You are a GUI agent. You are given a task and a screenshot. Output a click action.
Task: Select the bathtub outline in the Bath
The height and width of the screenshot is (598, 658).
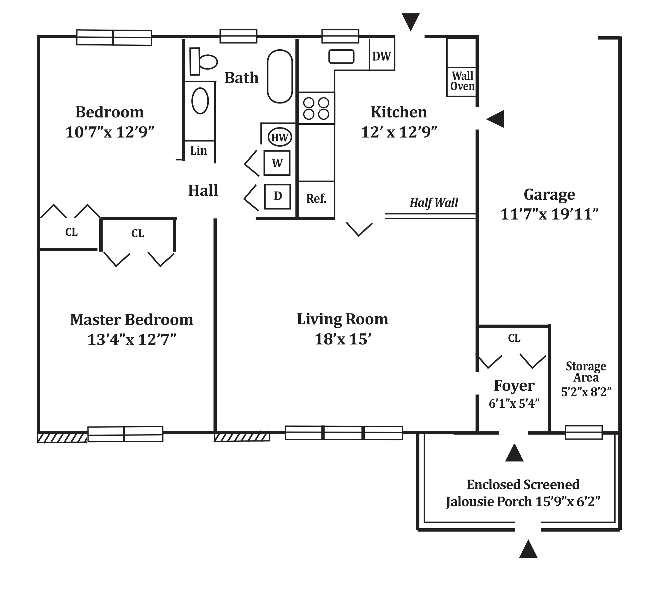280,76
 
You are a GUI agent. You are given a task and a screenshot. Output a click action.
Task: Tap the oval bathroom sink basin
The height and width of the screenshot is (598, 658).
200,101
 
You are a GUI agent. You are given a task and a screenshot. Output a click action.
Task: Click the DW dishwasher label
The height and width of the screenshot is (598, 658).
381,56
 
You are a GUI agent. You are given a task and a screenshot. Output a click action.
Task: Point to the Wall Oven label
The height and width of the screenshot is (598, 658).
462,81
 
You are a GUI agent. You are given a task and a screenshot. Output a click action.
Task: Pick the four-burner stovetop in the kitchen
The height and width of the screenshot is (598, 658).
316,108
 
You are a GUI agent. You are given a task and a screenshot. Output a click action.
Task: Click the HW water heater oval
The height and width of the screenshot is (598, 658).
280,137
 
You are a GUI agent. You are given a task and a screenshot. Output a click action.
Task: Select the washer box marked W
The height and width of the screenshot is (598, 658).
277,163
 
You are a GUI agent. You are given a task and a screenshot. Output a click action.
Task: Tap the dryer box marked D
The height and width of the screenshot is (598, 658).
277,196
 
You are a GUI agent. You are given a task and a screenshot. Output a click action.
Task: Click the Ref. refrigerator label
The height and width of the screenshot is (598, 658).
316,198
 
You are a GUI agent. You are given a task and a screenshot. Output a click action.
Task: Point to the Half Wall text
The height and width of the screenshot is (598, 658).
434,202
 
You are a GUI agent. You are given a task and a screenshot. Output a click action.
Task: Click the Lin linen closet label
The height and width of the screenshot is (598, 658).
198,151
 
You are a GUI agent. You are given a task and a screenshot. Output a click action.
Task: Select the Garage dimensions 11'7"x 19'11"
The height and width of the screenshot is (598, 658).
549,214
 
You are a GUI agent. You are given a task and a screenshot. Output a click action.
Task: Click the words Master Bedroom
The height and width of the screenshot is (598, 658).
131,320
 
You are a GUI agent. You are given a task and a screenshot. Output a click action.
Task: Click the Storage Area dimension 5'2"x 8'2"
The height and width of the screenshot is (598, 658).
586,392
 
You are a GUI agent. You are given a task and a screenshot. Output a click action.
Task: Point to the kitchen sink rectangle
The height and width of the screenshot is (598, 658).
341,56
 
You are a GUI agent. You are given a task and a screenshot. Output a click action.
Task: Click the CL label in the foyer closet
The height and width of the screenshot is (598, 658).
514,338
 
